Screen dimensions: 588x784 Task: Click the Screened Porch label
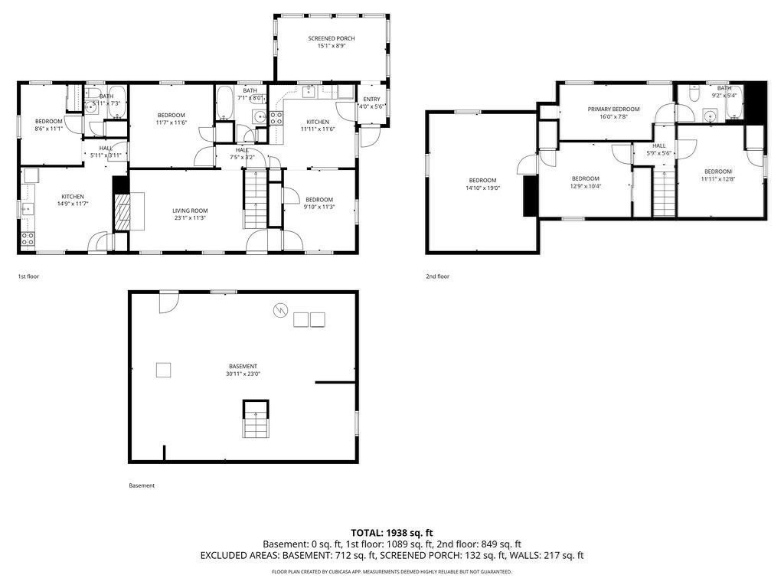(332, 38)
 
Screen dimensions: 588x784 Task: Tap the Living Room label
(189, 211)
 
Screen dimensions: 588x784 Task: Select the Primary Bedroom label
(613, 109)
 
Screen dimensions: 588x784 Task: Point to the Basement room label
(243, 366)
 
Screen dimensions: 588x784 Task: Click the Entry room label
(371, 99)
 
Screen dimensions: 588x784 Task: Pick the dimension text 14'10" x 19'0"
(482, 188)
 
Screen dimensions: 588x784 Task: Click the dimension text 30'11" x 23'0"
(243, 374)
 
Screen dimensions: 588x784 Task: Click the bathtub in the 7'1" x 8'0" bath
(225, 103)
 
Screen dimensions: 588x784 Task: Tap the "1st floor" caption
(28, 276)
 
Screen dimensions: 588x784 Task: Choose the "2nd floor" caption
(438, 276)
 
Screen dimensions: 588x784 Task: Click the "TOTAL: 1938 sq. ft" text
(391, 532)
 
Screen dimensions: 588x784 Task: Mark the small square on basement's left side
(164, 370)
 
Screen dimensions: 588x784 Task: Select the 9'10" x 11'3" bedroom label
(318, 199)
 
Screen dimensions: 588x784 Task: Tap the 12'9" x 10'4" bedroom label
(585, 178)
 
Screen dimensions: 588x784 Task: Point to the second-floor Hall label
(658, 145)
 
